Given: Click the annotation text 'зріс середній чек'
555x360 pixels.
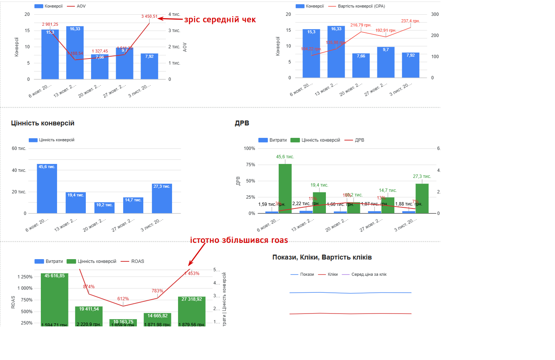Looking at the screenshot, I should [220, 20].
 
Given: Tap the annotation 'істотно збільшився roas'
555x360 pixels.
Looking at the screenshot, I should [239, 240].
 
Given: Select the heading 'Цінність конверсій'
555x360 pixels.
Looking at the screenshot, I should [43, 123].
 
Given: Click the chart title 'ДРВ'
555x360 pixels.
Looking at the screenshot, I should [242, 123].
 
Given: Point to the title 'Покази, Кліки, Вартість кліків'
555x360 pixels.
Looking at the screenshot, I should [322, 257].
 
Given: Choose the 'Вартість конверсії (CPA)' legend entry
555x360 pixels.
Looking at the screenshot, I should [361, 6].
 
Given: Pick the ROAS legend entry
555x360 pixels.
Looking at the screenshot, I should [137, 261].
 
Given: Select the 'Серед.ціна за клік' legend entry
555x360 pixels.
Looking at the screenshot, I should [369, 274].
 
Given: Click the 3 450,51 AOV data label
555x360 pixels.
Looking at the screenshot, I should [149, 16].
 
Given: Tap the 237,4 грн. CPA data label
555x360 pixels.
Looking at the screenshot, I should [411, 21].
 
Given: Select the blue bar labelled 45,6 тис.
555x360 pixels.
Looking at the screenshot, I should [47, 188].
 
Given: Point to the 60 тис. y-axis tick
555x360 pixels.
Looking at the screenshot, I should [19, 148].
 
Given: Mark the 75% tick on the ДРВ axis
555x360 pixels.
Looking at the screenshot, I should [250, 165].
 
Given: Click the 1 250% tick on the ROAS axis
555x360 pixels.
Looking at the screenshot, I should [25, 277].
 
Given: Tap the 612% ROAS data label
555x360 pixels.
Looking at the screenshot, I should [123, 299].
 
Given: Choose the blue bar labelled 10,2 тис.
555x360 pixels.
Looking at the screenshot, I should [104, 207].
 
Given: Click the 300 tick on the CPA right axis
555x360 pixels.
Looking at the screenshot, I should [435, 14].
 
